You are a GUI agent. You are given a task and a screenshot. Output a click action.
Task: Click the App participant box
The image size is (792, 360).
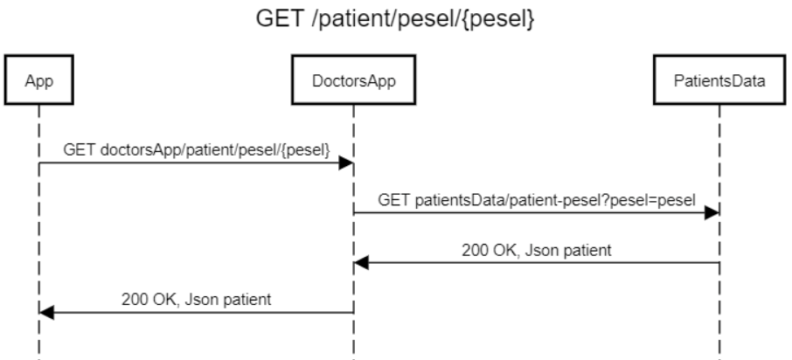click(38, 82)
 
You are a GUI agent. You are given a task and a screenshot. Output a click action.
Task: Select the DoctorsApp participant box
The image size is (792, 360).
click(353, 82)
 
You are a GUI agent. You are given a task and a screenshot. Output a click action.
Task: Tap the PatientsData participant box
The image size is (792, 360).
click(719, 82)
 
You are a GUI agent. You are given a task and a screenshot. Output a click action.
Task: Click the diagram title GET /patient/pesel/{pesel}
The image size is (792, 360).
click(395, 19)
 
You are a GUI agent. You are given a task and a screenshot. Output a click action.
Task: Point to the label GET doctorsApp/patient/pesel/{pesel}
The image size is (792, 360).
click(196, 150)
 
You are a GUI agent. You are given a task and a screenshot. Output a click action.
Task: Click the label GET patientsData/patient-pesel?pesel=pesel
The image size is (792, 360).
click(537, 200)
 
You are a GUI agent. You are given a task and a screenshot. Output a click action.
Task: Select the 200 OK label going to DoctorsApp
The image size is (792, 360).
click(537, 250)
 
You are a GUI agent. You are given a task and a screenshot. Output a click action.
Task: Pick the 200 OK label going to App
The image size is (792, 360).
click(196, 300)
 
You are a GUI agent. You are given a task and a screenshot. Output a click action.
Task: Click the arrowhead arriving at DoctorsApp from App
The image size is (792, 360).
click(346, 163)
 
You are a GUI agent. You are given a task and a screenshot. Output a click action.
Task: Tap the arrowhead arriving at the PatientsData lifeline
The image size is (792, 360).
click(712, 213)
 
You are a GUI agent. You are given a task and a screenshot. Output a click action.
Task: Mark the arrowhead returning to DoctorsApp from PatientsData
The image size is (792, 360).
click(360, 263)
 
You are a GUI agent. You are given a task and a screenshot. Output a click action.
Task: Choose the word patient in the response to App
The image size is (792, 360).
click(248, 300)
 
